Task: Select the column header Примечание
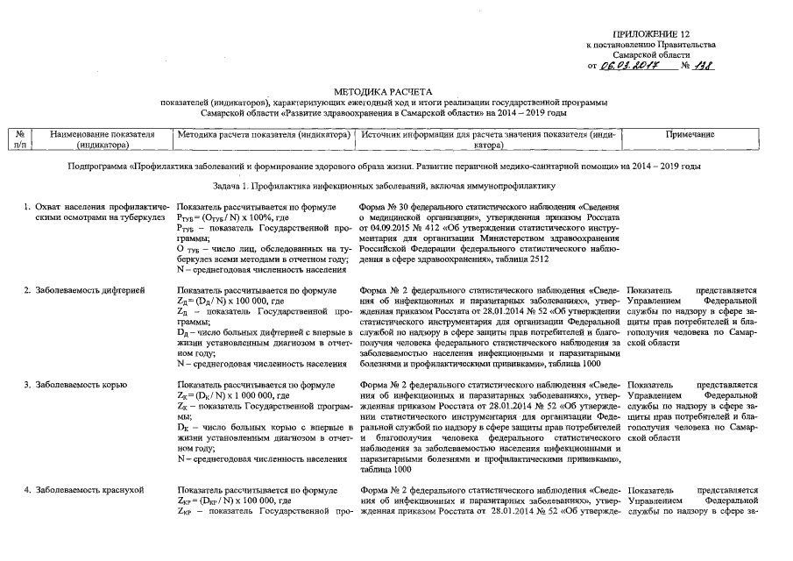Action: pyautogui.click(x=690, y=134)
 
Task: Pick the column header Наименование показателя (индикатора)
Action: pyautogui.click(x=103, y=140)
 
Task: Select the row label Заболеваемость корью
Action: pyautogui.click(x=76, y=385)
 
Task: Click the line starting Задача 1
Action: pyautogui.click(x=384, y=186)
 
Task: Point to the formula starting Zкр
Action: pyautogui.click(x=230, y=501)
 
